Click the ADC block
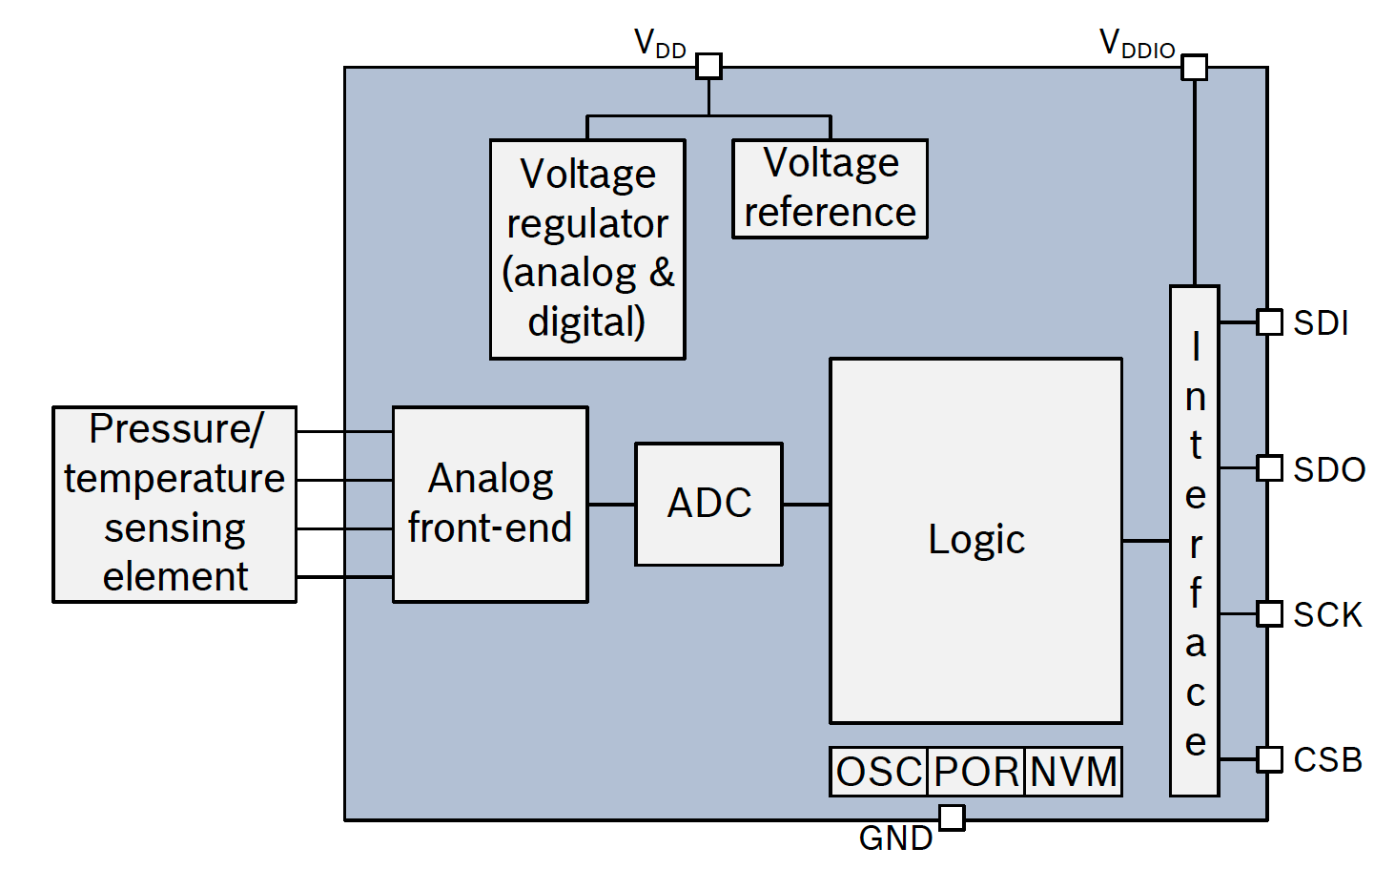(x=708, y=504)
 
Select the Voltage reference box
(x=830, y=189)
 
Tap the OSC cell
(x=878, y=772)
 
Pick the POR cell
(x=976, y=772)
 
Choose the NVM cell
(x=1074, y=772)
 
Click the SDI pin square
(x=1269, y=322)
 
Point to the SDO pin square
(x=1269, y=468)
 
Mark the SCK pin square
(x=1269, y=613)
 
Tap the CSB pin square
(x=1269, y=759)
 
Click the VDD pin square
(x=708, y=66)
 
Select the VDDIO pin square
(x=1194, y=68)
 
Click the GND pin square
(x=952, y=817)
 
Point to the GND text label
(x=895, y=838)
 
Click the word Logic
(x=976, y=540)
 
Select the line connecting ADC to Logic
(x=806, y=505)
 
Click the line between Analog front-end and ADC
(x=611, y=505)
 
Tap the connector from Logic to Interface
(x=1146, y=541)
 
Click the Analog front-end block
(x=490, y=505)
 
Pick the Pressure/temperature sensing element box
(x=174, y=505)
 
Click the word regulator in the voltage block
(x=587, y=224)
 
